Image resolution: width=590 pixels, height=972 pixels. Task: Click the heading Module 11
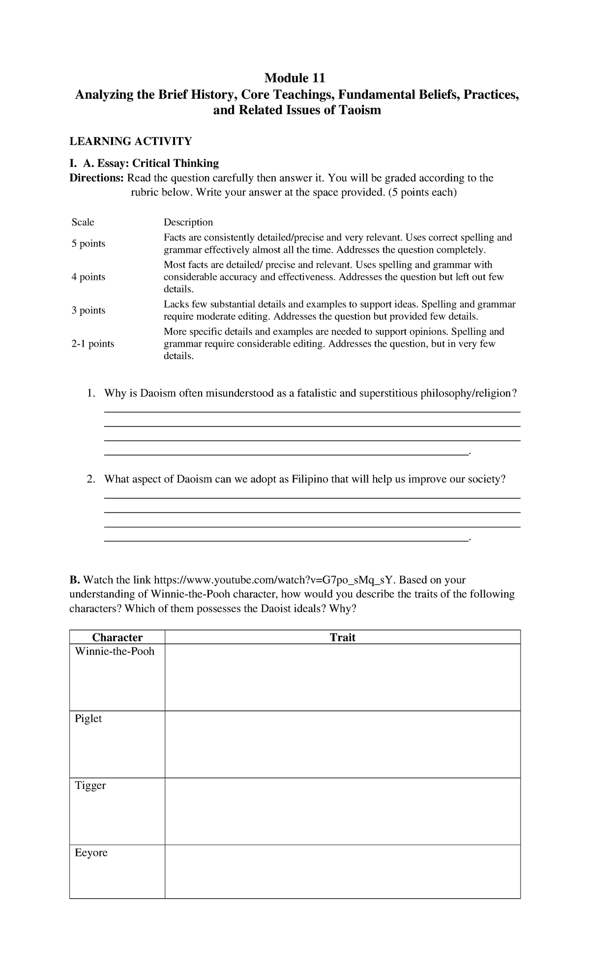coord(295,78)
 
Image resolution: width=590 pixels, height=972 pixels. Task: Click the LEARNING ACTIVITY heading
coord(130,142)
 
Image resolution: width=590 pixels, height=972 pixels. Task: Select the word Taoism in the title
coord(360,110)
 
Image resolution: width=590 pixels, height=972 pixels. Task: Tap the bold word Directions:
coord(97,178)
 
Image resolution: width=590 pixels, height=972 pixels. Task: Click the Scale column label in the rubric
coord(83,222)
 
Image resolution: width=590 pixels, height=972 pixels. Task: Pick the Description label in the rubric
coord(188,222)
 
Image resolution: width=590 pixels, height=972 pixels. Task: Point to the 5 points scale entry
coord(88,244)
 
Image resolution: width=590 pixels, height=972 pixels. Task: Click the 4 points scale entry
coord(88,277)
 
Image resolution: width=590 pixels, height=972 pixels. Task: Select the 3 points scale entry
coord(88,310)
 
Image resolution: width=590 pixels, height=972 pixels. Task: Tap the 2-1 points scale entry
coord(92,344)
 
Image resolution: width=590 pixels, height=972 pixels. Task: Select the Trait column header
coord(342,638)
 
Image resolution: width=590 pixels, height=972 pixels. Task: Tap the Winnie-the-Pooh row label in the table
coord(115,652)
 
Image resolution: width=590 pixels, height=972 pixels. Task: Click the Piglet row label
coord(88,719)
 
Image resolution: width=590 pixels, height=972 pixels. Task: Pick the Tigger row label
coord(90,786)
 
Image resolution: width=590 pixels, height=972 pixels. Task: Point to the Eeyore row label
coord(91,853)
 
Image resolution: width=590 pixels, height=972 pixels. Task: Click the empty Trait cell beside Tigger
coord(342,811)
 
